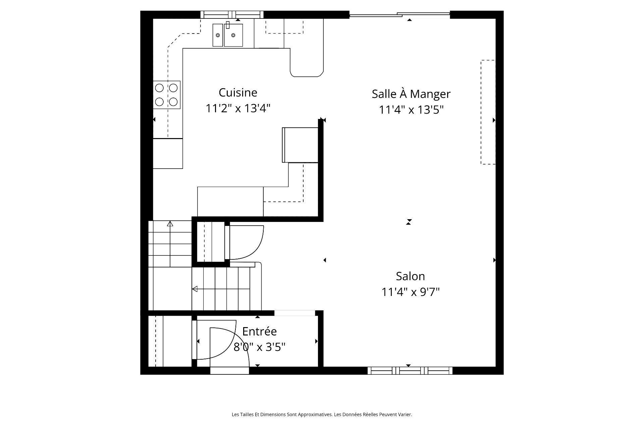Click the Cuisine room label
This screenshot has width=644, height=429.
(x=238, y=93)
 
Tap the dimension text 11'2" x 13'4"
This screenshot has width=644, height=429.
(x=238, y=109)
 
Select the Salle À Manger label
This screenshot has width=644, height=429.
(x=411, y=94)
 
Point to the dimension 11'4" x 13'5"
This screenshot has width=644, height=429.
(x=411, y=110)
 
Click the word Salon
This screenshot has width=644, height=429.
(x=410, y=276)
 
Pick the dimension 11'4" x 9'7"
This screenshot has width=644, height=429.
(x=410, y=292)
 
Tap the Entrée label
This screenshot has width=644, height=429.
(x=259, y=331)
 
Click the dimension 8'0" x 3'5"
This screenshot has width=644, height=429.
(x=259, y=347)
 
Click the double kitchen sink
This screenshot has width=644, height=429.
(x=227, y=35)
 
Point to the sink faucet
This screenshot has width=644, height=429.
(x=228, y=24)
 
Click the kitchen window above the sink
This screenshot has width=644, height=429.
(x=232, y=14)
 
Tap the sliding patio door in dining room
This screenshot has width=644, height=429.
(x=399, y=14)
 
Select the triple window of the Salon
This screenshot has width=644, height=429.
(x=410, y=370)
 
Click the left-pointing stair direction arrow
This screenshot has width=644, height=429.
(x=195, y=289)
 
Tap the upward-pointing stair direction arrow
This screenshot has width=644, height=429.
(x=170, y=224)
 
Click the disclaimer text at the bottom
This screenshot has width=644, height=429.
(x=322, y=415)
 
